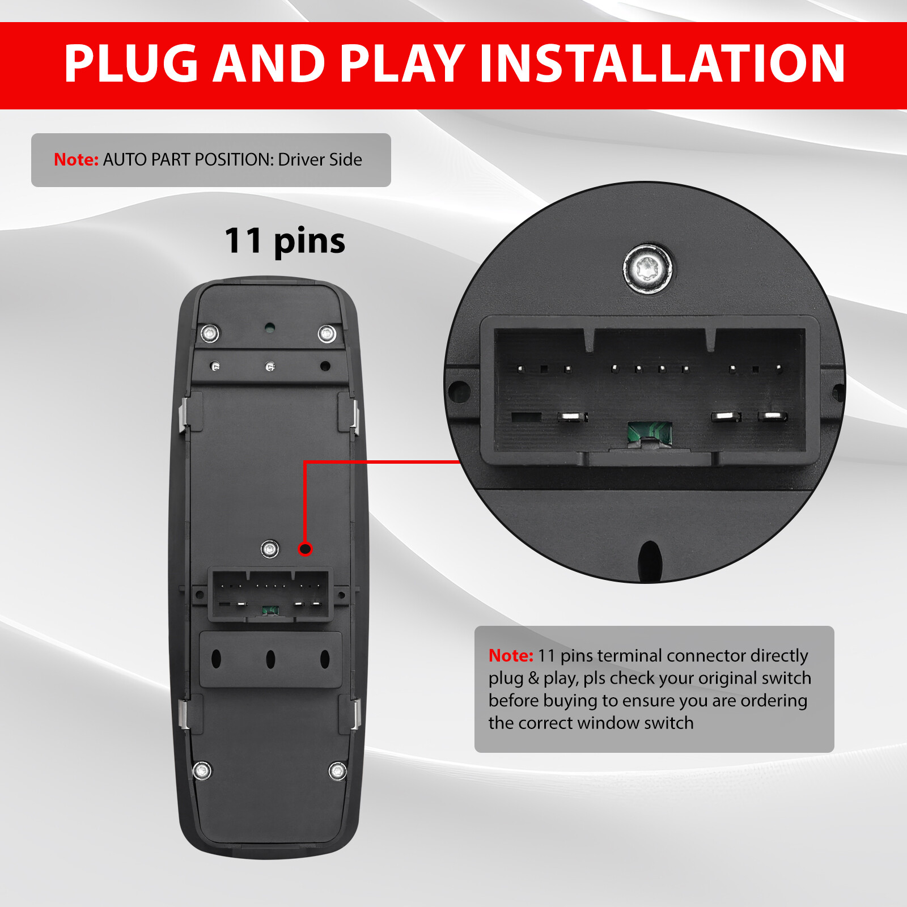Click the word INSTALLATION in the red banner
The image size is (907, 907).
[x=662, y=63]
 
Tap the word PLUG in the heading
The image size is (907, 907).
[x=132, y=63]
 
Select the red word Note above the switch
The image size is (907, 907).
[x=76, y=160]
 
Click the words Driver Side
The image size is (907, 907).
[x=320, y=160]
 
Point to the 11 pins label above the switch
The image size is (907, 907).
[x=285, y=241]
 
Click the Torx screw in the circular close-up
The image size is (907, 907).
[x=648, y=268]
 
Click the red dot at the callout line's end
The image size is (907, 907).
[x=305, y=549]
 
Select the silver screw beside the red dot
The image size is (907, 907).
[x=269, y=549]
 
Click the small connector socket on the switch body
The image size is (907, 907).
[x=271, y=595]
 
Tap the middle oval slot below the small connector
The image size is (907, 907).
[x=270, y=659]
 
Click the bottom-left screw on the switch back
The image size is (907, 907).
[x=202, y=770]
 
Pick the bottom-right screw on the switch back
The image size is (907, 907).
[x=338, y=771]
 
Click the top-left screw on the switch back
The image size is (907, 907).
[x=210, y=333]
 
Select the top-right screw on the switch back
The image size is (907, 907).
[x=327, y=333]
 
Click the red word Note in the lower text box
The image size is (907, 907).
[x=510, y=656]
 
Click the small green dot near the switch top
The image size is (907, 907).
[x=270, y=327]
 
